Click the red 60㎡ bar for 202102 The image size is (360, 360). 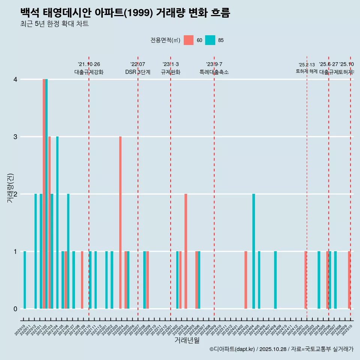click(x=44, y=194)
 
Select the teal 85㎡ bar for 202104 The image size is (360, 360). click(x=57, y=222)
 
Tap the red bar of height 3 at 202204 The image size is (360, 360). click(x=120, y=222)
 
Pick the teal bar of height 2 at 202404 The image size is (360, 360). click(x=254, y=251)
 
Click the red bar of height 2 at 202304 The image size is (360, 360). click(x=186, y=251)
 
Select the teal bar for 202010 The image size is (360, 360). click(x=25, y=280)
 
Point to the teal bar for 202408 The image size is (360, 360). click(x=275, y=280)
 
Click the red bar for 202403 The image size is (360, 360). click(x=246, y=280)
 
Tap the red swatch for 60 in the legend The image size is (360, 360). click(x=189, y=40)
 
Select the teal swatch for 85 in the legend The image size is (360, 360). click(x=210, y=40)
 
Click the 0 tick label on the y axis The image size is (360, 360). click(x=15, y=309)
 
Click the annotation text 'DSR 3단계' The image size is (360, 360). click(x=138, y=72)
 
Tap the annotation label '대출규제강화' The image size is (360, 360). click(x=89, y=72)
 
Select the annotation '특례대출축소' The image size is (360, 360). click(x=214, y=72)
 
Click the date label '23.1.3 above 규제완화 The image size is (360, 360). click(x=171, y=64)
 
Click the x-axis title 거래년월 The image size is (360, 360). click(x=187, y=340)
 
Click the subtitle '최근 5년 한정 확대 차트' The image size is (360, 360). click(x=54, y=24)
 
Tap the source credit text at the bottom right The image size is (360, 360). click(x=281, y=349)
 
